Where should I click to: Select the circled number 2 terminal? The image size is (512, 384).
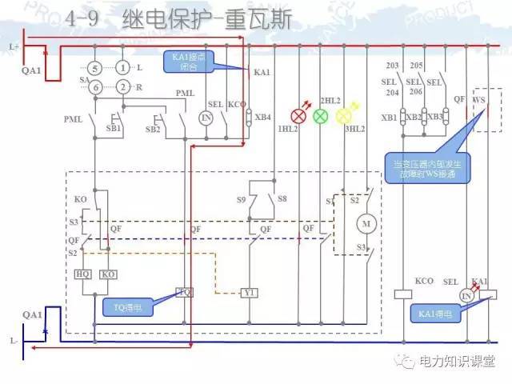[122, 86]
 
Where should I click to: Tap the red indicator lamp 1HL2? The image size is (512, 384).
[298, 116]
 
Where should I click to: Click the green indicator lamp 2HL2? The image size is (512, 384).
[320, 116]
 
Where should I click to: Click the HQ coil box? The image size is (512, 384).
[82, 274]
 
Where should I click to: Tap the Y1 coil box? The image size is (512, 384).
[250, 293]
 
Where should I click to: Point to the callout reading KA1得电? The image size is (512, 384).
[436, 315]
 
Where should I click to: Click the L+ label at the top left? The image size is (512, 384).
[14, 46]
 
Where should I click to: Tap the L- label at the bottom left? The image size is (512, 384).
[14, 342]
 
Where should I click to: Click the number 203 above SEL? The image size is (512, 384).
[392, 66]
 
